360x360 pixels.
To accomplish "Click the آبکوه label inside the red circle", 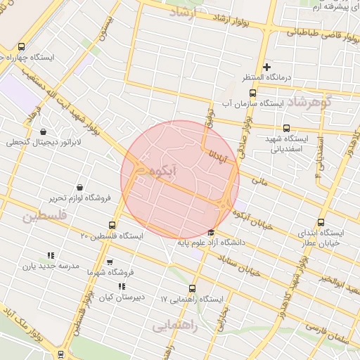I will pyautogui.click(x=184, y=171).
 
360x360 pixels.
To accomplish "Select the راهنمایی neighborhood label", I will pyautogui.click(x=175, y=327).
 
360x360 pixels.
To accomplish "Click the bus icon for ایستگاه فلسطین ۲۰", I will pyautogui.click(x=112, y=224).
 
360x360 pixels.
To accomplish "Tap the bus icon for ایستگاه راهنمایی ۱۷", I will pyautogui.click(x=193, y=288).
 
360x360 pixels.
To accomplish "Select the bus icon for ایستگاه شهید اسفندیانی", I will pyautogui.click(x=286, y=128).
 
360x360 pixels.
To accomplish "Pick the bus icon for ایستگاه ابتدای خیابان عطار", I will pyautogui.click(x=322, y=222).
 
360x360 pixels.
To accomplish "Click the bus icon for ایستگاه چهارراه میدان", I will pyautogui.click(x=6, y=55).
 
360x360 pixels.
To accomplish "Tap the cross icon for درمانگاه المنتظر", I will pyautogui.click(x=266, y=67).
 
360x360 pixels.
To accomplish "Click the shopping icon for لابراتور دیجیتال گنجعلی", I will pyautogui.click(x=44, y=131).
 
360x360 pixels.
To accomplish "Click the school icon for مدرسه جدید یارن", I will pyautogui.click(x=50, y=255).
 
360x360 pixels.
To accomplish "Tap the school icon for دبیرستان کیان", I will pyautogui.click(x=122, y=286).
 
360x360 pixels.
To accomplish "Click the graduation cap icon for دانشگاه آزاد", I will pyautogui.click(x=211, y=233).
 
